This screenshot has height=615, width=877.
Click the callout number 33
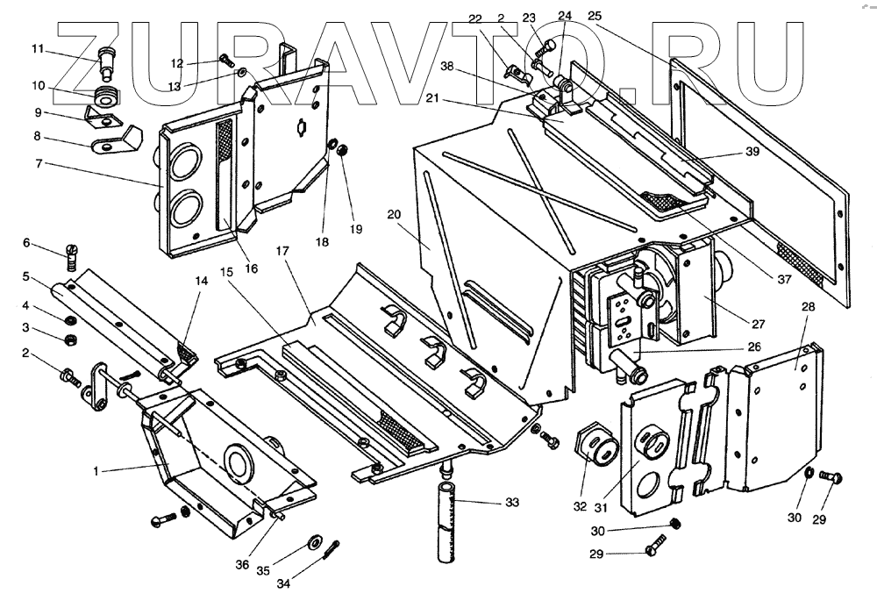click(511, 503)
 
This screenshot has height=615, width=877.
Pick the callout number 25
click(595, 16)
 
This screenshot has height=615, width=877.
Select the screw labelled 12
click(225, 61)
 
